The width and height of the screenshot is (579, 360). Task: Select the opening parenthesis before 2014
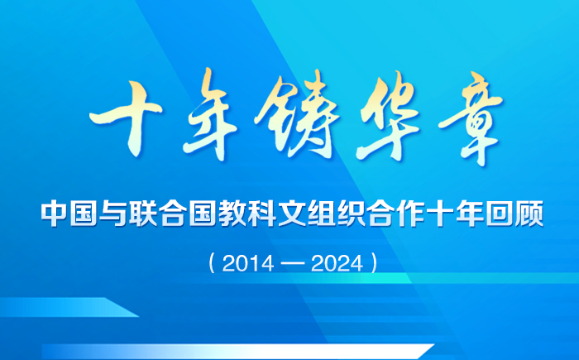pos(213,263)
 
